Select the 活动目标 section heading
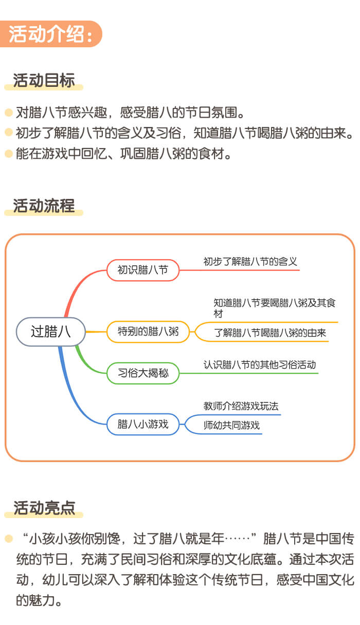click(x=44, y=81)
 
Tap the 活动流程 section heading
click(x=44, y=206)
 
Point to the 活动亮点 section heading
click(x=44, y=508)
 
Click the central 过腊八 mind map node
click(x=50, y=332)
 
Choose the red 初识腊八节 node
click(x=142, y=270)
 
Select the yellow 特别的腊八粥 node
click(x=148, y=332)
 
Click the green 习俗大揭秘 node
click(x=142, y=373)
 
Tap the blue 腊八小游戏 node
click(x=142, y=424)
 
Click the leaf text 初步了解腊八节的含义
click(x=250, y=262)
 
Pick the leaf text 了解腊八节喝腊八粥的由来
click(x=270, y=333)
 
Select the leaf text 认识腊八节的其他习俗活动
click(x=259, y=365)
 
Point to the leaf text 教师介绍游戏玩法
click(x=241, y=406)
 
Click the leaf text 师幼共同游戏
click(x=231, y=425)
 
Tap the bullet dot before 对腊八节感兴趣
click(x=8, y=112)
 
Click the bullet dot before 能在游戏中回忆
click(x=8, y=153)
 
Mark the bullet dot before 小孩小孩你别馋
click(x=8, y=539)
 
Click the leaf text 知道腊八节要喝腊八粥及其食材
click(x=274, y=308)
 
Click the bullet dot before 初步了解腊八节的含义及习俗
click(x=8, y=132)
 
